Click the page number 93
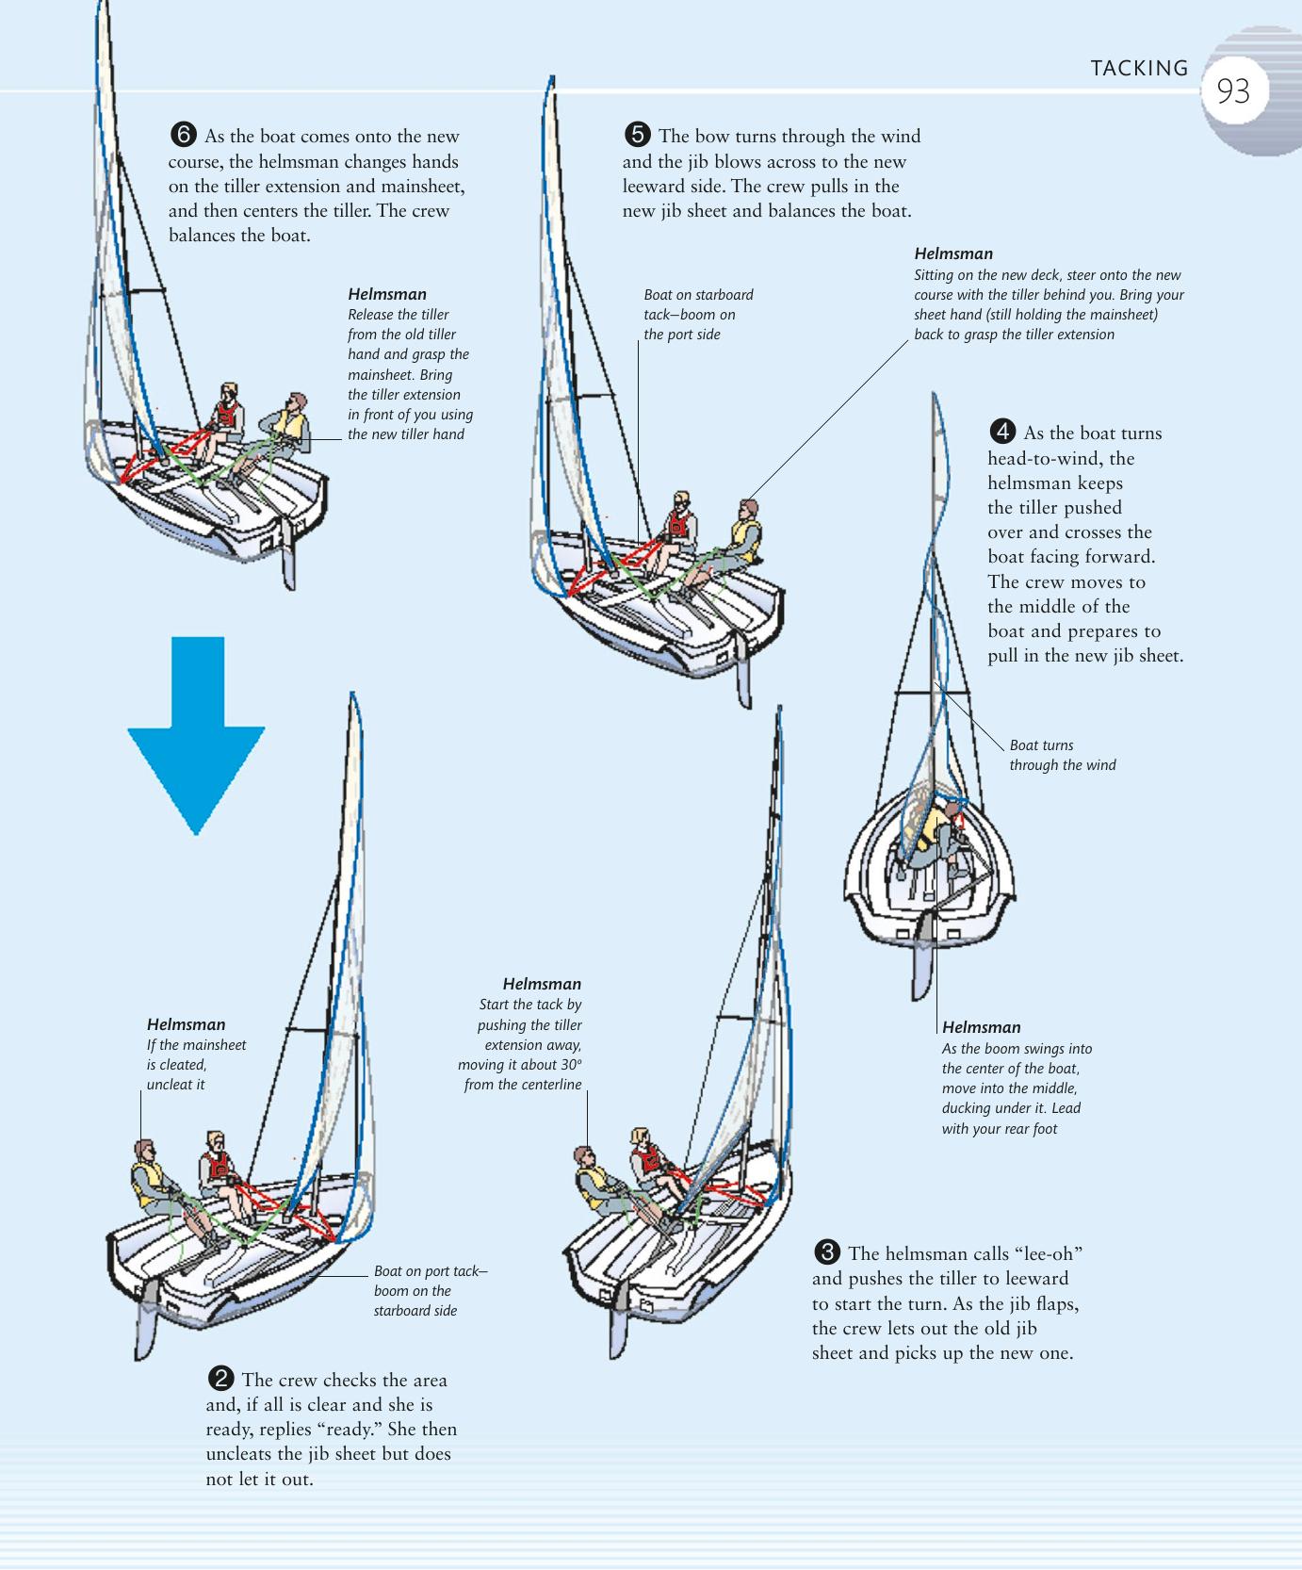1232,91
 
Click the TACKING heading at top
1139,68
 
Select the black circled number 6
183,135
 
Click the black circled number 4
1002,432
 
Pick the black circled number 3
826,1252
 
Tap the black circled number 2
220,1379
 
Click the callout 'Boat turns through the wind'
1062,755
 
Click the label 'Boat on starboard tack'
698,304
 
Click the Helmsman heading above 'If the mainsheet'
186,1024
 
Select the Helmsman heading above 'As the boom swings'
981,1027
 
